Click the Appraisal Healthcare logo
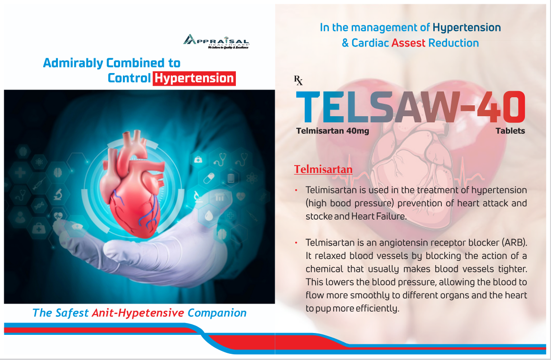point(216,42)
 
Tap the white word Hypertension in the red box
point(194,78)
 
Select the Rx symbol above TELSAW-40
point(299,81)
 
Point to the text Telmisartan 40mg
point(332,131)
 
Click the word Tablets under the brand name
point(510,131)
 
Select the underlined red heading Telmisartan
point(323,169)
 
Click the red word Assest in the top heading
point(408,43)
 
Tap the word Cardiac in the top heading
point(370,43)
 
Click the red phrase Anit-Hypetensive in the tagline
point(138,313)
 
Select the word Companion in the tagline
point(217,313)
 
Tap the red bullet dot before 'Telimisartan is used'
point(296,190)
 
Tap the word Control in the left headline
point(129,78)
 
